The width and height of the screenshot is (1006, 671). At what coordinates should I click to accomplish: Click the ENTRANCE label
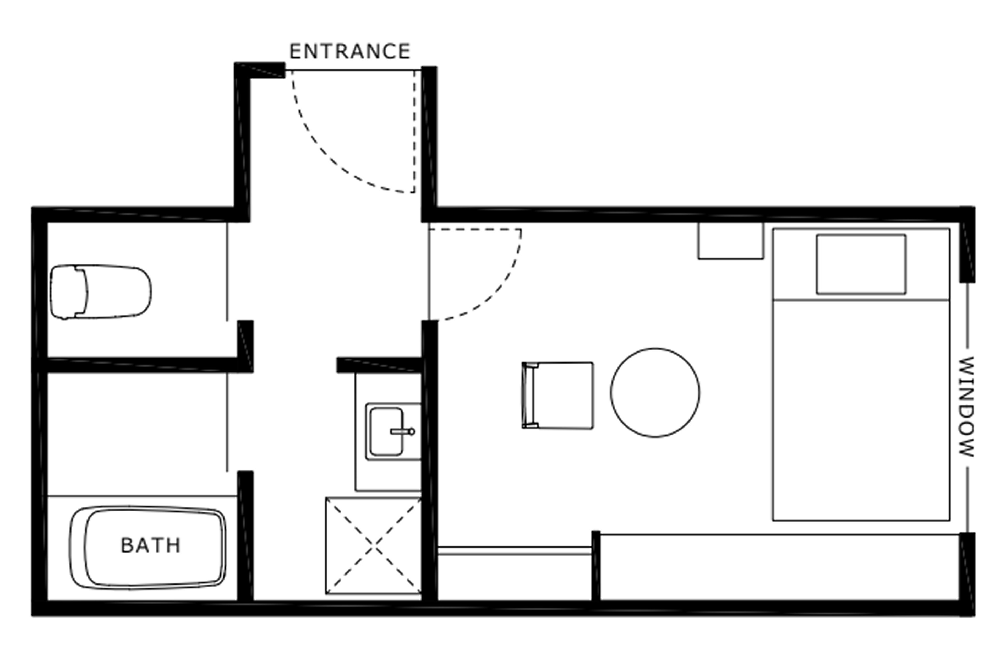[x=350, y=52]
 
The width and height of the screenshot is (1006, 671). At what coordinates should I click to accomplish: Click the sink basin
[x=386, y=432]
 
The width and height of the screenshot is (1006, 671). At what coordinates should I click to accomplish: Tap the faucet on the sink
[x=402, y=432]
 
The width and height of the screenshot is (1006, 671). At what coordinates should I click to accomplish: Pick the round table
[x=655, y=392]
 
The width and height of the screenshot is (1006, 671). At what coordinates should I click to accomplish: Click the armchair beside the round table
[x=557, y=396]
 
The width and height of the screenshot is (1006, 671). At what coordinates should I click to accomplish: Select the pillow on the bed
[x=861, y=264]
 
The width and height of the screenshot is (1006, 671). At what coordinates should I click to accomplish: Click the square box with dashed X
[x=373, y=546]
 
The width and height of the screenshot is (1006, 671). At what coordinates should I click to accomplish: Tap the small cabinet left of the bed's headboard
[x=731, y=241]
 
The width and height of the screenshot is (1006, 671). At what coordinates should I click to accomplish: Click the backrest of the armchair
[x=529, y=396]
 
